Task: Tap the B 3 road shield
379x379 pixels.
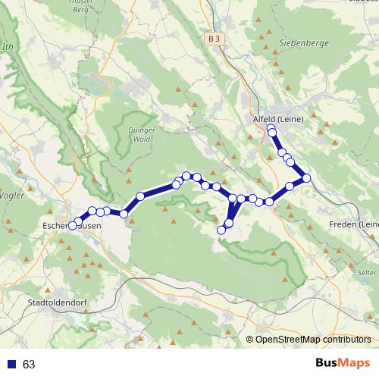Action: coord(215,38)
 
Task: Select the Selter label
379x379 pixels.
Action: coord(367,271)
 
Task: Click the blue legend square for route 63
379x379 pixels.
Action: coord(10,365)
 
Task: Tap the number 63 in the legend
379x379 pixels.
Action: coord(29,365)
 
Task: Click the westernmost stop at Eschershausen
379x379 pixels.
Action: coord(73,225)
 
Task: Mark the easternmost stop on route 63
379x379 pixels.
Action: coord(306,178)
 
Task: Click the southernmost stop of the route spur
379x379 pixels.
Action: coord(221,230)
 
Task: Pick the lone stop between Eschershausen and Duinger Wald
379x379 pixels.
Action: coord(140,197)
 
